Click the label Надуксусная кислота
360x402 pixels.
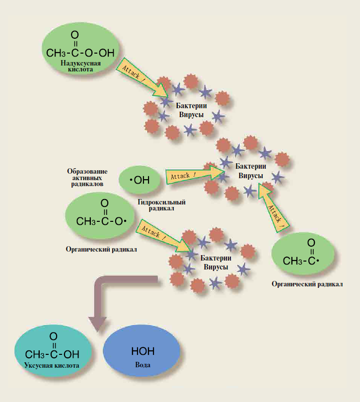click(x=81, y=67)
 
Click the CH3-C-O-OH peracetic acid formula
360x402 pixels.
click(x=80, y=48)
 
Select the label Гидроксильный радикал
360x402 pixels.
click(x=162, y=205)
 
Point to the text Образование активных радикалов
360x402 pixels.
click(x=85, y=177)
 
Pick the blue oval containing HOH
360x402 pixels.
click(x=142, y=355)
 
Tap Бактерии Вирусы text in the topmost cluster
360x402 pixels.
click(x=191, y=110)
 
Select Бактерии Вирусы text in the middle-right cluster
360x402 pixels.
click(x=250, y=172)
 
